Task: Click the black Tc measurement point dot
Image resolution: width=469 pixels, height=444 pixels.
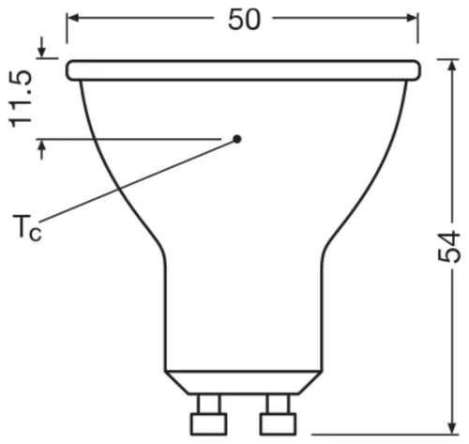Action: coord(237,139)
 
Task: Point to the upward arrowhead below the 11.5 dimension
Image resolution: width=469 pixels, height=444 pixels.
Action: coord(42,148)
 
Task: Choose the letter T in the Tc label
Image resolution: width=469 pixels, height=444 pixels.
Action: coord(22,226)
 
